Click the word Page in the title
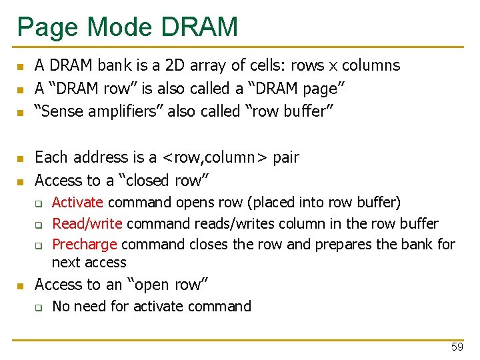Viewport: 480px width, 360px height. (45, 27)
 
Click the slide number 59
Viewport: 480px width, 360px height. (457, 347)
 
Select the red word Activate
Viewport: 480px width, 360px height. (77, 202)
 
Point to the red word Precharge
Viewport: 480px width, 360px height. (85, 244)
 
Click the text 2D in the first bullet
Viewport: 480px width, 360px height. (176, 65)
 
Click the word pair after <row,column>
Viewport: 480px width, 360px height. (286, 158)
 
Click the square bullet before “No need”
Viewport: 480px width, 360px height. (39, 307)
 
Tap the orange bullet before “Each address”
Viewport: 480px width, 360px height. (21, 159)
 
